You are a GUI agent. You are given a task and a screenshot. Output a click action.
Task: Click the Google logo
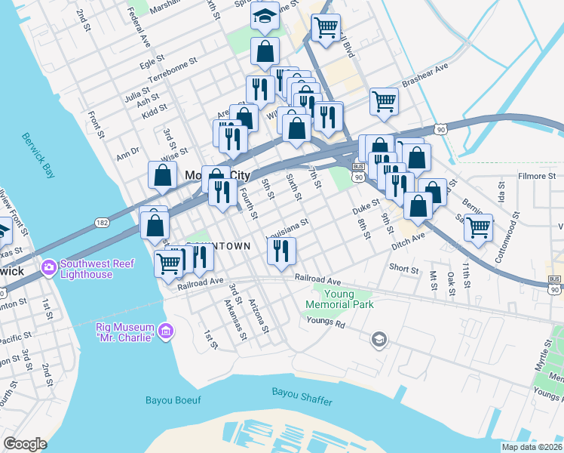click(25, 444)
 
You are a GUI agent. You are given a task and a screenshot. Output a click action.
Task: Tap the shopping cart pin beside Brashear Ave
click(384, 100)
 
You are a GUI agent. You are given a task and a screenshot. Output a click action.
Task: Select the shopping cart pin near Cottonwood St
click(478, 226)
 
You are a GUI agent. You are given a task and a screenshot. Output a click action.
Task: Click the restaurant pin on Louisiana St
click(281, 249)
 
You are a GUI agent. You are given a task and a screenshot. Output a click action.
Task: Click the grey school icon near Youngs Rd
click(379, 339)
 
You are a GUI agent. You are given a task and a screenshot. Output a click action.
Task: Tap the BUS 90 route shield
click(358, 172)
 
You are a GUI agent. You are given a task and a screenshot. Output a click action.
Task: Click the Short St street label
click(403, 268)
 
